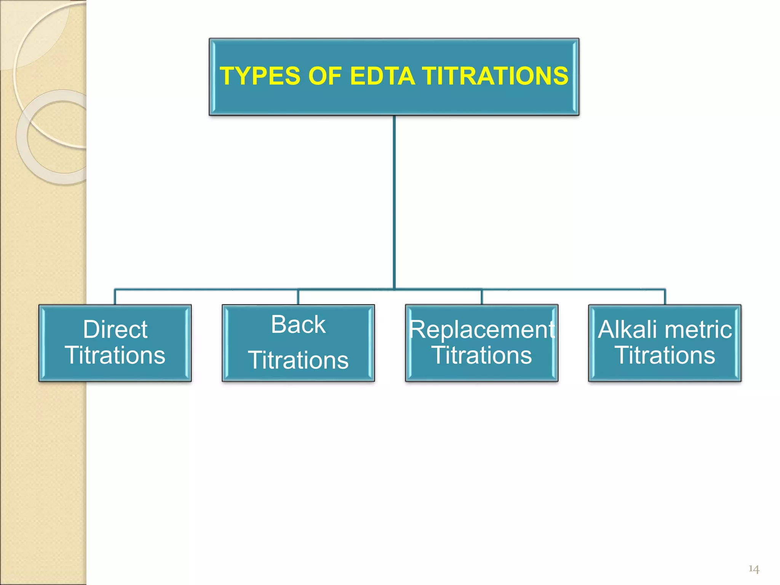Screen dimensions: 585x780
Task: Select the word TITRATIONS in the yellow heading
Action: [x=495, y=76]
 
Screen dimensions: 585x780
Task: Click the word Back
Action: [x=298, y=324]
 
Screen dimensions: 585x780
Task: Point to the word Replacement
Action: [x=482, y=329]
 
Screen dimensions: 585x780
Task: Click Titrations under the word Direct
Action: [x=115, y=355]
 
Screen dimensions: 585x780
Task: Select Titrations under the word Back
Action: [x=298, y=360]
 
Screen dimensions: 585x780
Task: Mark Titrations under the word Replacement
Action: [x=482, y=355]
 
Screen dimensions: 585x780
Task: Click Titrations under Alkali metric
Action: [x=665, y=355]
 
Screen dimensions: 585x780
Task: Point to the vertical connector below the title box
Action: [x=394, y=202]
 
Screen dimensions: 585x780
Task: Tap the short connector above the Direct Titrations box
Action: [x=115, y=297]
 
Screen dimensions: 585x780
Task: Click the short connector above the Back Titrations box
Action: [x=298, y=297]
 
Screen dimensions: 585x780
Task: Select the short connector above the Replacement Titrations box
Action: [x=482, y=297]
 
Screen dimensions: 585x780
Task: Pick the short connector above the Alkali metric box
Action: [x=665, y=297]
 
